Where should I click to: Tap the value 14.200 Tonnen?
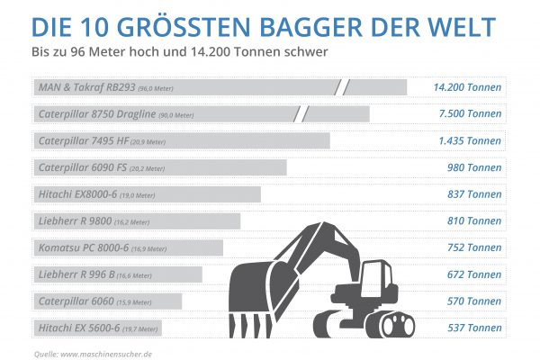[467, 88]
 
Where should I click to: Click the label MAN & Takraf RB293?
[87, 88]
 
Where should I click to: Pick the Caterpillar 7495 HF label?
[84, 141]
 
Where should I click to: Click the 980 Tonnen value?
[475, 167]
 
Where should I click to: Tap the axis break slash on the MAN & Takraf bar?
[341, 88]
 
